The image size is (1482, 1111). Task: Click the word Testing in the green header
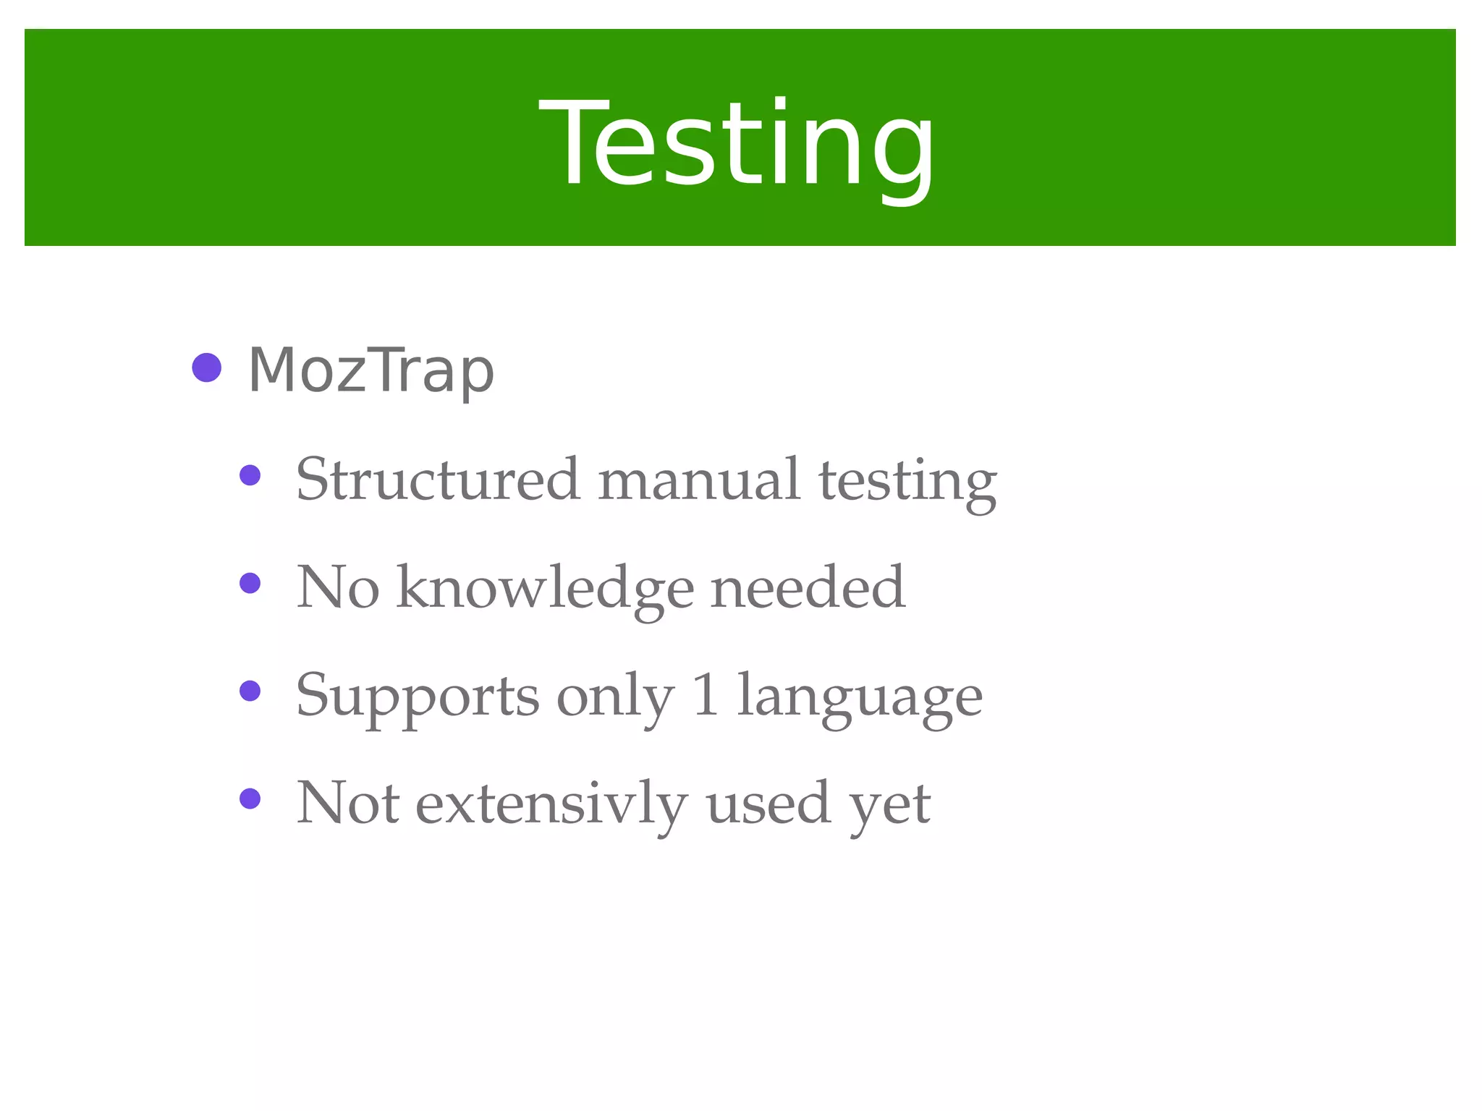pyautogui.click(x=737, y=145)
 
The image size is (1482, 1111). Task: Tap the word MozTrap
pyautogui.click(x=370, y=370)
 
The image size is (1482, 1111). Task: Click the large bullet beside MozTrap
pyautogui.click(x=207, y=367)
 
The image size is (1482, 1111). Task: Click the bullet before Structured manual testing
pyautogui.click(x=250, y=475)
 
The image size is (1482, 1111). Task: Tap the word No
pyautogui.click(x=338, y=587)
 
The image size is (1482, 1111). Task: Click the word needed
pyautogui.click(x=808, y=587)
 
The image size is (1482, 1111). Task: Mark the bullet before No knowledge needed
pyautogui.click(x=250, y=583)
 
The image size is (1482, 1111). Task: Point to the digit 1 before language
pyautogui.click(x=706, y=694)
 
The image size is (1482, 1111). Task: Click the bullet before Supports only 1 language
pyautogui.click(x=250, y=691)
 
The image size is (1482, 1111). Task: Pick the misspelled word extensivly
pyautogui.click(x=551, y=804)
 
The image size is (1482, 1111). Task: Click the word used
pyautogui.click(x=768, y=804)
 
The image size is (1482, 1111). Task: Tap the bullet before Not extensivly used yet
pyautogui.click(x=250, y=799)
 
